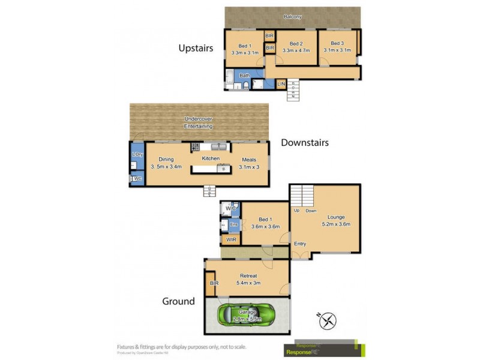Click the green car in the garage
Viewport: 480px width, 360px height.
click(x=247, y=313)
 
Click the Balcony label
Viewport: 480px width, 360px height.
click(x=293, y=17)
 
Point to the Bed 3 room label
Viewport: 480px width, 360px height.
click(x=337, y=44)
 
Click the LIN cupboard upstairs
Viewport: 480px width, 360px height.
click(x=281, y=84)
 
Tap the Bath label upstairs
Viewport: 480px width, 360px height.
click(x=245, y=76)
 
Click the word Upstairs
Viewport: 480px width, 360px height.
click(x=196, y=48)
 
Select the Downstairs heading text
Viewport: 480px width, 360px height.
click(x=305, y=143)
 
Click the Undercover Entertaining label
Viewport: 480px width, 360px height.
click(x=199, y=123)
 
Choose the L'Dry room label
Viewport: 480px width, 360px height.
click(x=137, y=155)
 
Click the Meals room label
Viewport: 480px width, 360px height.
click(x=249, y=159)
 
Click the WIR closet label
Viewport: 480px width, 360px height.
click(x=231, y=240)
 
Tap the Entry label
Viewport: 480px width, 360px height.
click(x=300, y=243)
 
